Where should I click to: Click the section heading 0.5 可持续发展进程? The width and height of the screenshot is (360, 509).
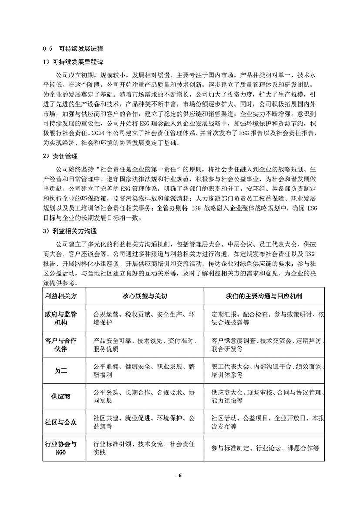[x=73, y=48]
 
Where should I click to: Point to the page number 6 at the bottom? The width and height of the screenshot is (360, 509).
[x=180, y=475]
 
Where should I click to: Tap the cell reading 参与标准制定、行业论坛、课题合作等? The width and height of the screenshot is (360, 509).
[x=266, y=448]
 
